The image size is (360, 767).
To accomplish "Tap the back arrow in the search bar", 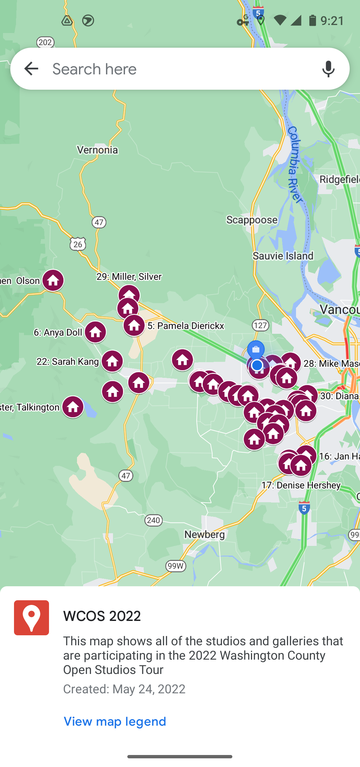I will click(x=31, y=69).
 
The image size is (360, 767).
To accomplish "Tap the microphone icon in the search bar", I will click(x=328, y=69).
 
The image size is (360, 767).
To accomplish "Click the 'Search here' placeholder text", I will click(x=95, y=69).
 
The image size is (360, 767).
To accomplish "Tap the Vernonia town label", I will click(x=97, y=150).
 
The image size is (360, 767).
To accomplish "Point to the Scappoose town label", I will click(x=252, y=220).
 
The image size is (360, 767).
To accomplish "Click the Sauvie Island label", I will click(x=283, y=256).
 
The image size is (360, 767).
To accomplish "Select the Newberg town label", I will click(x=204, y=534).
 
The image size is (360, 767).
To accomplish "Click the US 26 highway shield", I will click(x=78, y=244).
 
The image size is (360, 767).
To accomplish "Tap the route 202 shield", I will click(x=45, y=42).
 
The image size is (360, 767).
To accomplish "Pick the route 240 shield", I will click(x=153, y=520).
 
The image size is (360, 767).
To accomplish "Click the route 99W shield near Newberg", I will click(x=176, y=566).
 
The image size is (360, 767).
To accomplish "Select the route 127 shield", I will click(x=260, y=325).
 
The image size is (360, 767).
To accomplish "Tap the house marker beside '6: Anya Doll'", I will click(x=95, y=332).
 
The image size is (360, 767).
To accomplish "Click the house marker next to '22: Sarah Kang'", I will click(x=112, y=361).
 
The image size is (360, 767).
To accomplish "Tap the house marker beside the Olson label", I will click(x=53, y=280).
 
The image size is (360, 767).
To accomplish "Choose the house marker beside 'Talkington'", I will click(x=73, y=407).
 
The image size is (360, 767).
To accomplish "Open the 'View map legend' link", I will click(x=115, y=722).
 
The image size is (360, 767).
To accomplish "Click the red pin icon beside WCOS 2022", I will click(x=31, y=618).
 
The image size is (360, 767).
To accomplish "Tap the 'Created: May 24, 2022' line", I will click(x=124, y=689).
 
